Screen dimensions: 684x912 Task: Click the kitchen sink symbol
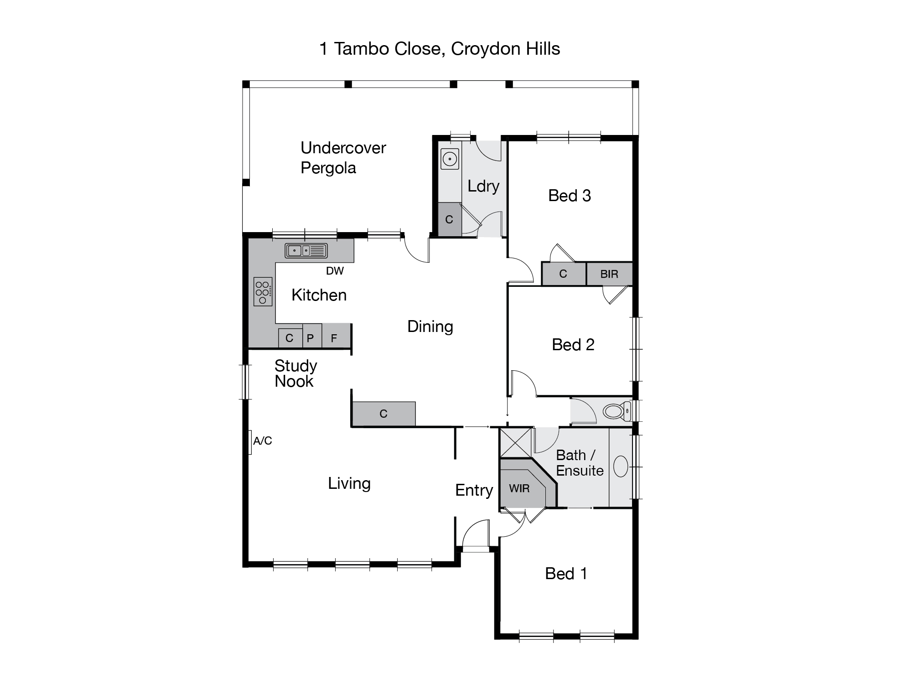306,251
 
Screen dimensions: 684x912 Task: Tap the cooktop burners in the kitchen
263,291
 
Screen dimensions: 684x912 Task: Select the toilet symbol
616,411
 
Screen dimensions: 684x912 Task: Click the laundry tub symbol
450,159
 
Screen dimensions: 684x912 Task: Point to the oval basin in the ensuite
621,466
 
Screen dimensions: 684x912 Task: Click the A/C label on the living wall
262,441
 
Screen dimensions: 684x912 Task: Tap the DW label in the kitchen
335,271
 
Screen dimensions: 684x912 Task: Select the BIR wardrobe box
609,274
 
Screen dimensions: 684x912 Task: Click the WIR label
519,488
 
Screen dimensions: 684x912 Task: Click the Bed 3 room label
570,196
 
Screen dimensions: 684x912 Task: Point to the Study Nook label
295,373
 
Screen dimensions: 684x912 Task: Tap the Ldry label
483,186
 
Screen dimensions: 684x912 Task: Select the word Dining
430,326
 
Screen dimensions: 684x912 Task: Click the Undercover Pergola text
343,158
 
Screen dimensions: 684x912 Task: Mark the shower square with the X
516,442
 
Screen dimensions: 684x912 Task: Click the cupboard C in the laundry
449,220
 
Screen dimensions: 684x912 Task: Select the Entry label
474,490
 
